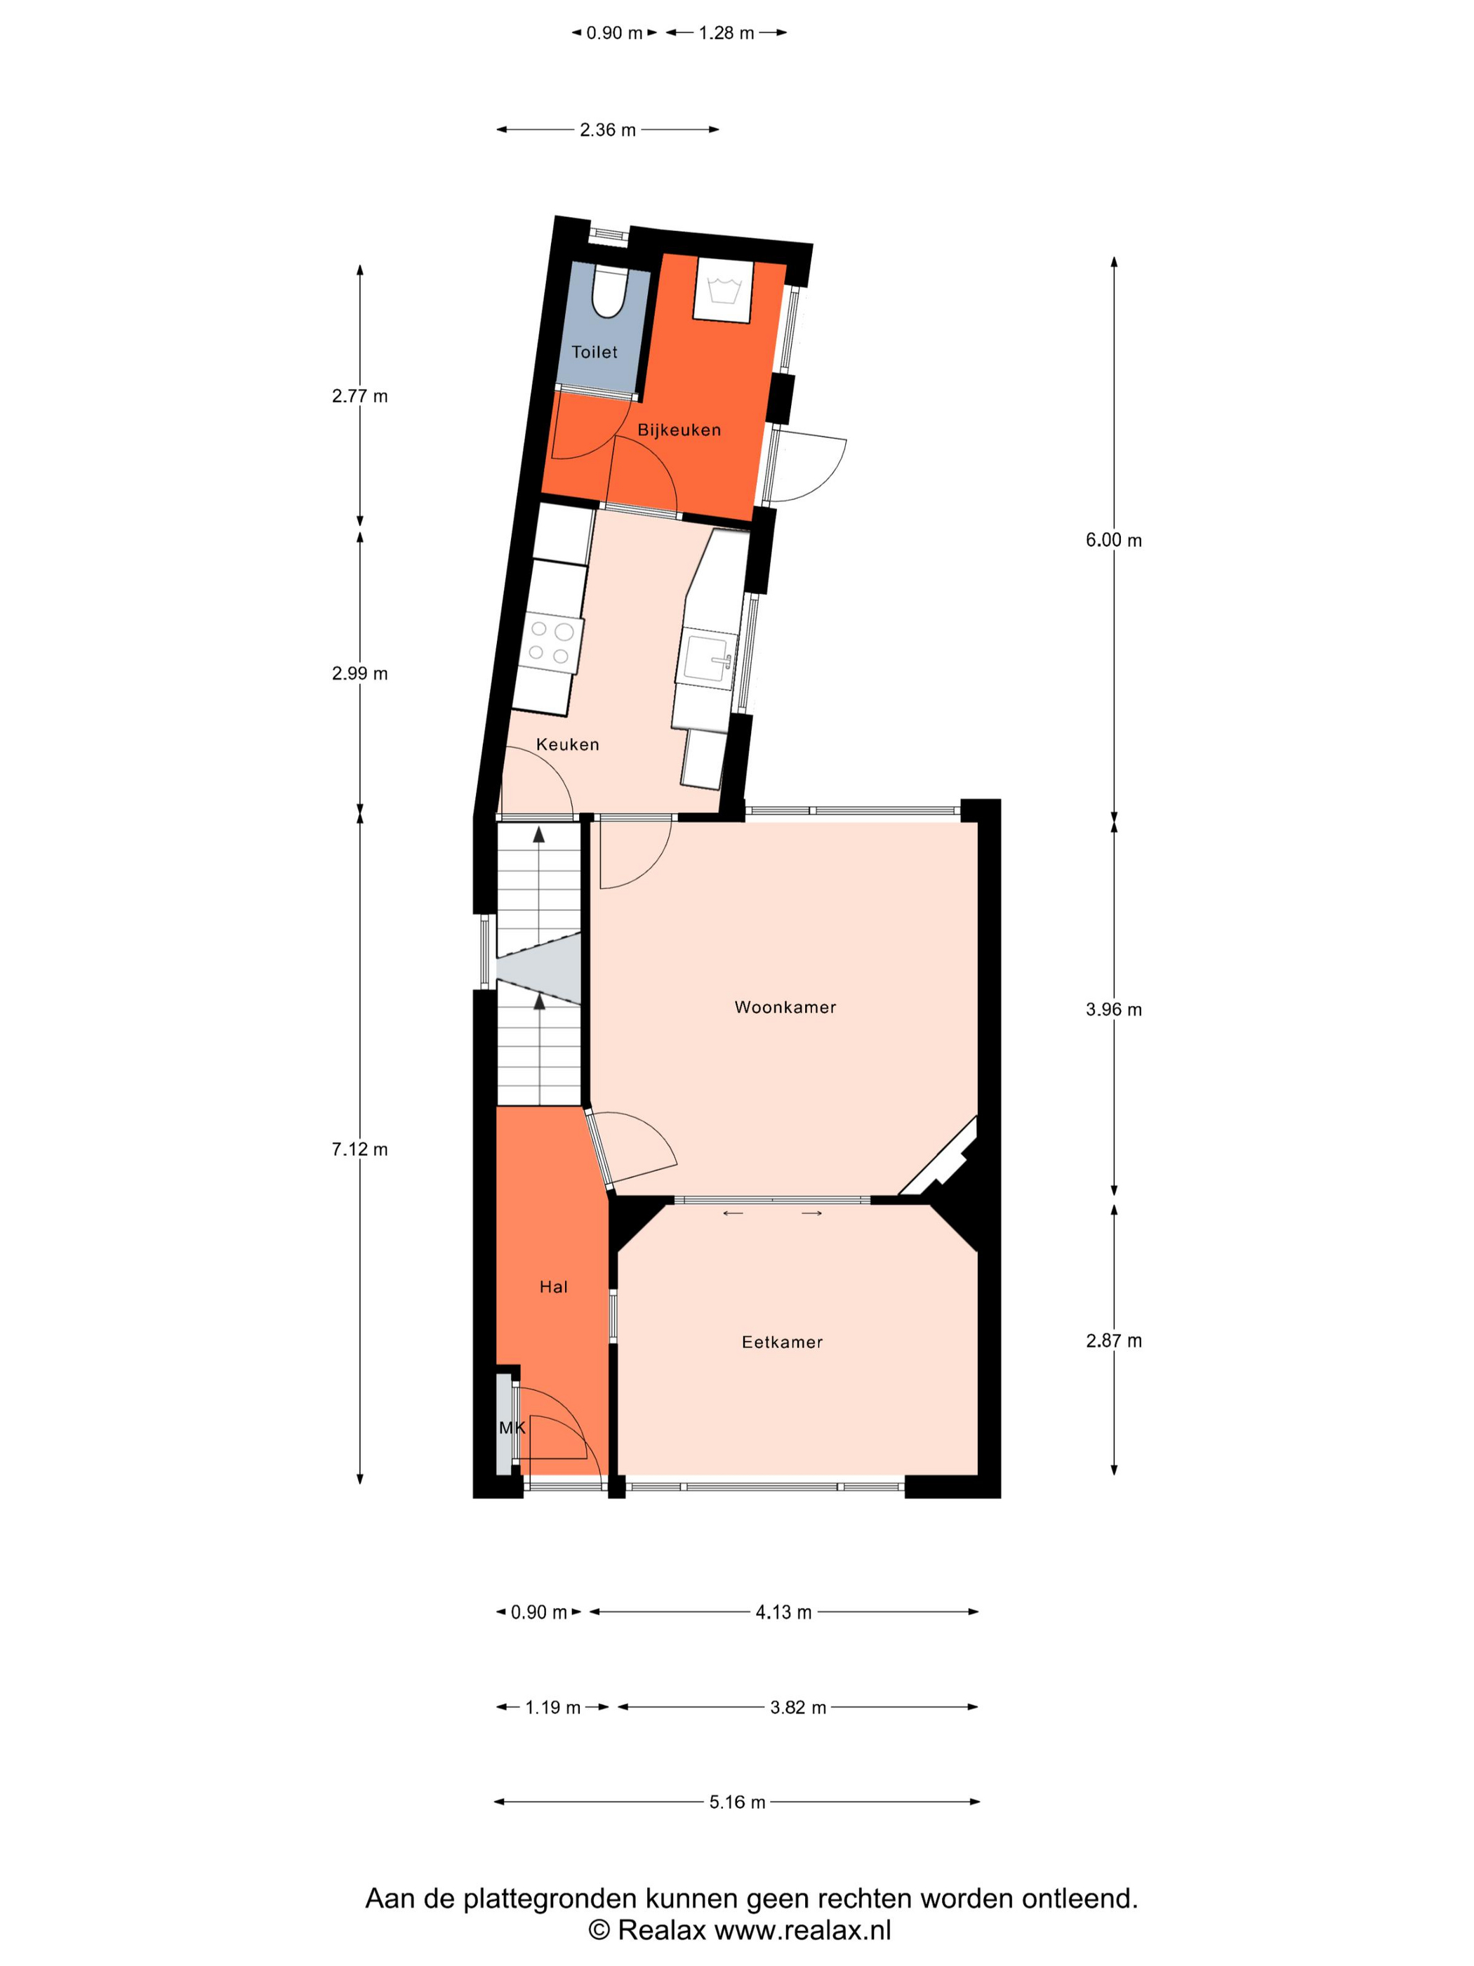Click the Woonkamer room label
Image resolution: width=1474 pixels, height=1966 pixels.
tap(785, 1007)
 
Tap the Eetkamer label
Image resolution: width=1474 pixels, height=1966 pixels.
tap(782, 1342)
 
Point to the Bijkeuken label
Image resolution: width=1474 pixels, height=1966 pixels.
tap(679, 430)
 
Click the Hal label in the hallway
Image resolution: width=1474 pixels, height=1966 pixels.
tap(552, 1287)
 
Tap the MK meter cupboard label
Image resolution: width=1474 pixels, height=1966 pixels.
tap(512, 1428)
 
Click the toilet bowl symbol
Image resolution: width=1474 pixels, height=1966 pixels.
tap(609, 291)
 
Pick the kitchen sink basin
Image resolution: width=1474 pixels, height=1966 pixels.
tap(708, 658)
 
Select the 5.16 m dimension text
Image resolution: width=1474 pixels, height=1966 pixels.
tap(736, 1802)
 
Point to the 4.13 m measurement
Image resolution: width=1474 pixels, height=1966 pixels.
tap(783, 1612)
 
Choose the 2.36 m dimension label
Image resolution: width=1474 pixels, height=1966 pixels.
tap(608, 130)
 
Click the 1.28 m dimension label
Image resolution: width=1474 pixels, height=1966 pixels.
tap(726, 33)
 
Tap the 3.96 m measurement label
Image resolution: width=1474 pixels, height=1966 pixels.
tap(1113, 1010)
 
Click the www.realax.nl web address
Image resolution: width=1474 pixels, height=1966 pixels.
tap(802, 1929)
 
